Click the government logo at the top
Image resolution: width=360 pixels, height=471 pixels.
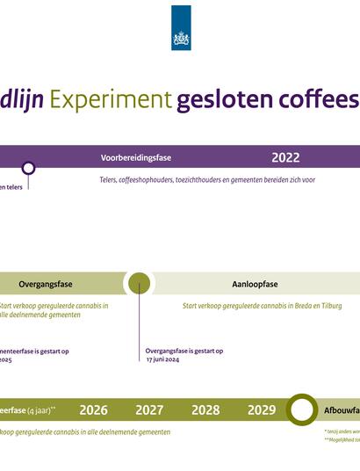coord(180,27)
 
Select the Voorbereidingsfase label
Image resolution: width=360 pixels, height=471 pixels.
coord(136,158)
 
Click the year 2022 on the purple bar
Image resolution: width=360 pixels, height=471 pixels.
coord(285,158)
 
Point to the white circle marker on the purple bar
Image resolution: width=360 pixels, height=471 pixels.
coord(28,168)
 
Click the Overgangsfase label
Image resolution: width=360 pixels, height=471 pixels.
coord(46,284)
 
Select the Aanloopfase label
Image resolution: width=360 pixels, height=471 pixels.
coord(255,284)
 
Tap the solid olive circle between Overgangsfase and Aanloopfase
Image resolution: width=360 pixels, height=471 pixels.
coord(139,283)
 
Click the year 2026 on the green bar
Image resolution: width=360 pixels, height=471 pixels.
coord(93,409)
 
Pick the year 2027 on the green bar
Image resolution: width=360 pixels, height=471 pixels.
coord(149,409)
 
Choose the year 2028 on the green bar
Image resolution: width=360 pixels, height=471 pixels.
coord(205,409)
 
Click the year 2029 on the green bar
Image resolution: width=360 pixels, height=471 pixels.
coord(262,409)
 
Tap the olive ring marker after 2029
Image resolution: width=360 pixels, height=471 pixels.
coord(302,409)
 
